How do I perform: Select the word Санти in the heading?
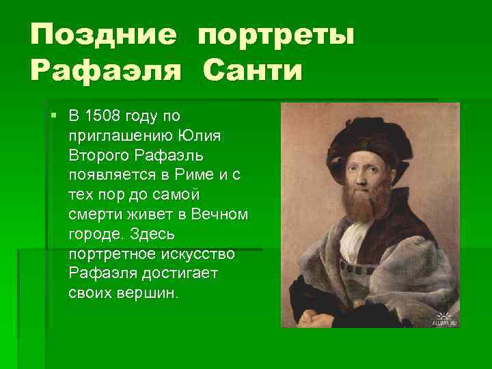click(x=251, y=70)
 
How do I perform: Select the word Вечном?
click(x=219, y=215)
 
